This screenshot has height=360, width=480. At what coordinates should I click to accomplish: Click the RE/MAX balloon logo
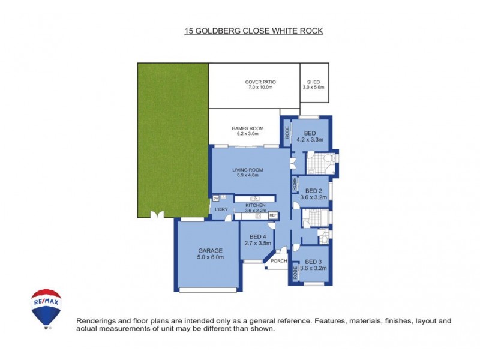coord(46,308)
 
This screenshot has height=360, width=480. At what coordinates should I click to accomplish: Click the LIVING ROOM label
coord(248,170)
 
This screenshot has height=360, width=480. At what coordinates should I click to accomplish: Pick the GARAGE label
coord(211,251)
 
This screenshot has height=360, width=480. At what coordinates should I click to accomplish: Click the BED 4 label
coord(258,237)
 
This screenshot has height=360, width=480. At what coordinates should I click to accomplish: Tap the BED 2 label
coord(315,191)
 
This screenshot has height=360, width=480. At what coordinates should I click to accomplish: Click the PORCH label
coord(278,261)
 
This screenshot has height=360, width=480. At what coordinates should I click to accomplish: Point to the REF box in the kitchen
coord(272,215)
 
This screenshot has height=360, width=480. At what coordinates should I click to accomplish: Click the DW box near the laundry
coord(215,198)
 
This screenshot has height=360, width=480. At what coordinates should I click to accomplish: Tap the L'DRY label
coord(221,209)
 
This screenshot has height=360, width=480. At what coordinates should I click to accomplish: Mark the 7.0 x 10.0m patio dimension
coord(260,88)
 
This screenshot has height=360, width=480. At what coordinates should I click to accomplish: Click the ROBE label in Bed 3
coord(295,273)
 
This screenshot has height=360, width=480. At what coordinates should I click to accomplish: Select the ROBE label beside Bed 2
coord(295,184)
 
